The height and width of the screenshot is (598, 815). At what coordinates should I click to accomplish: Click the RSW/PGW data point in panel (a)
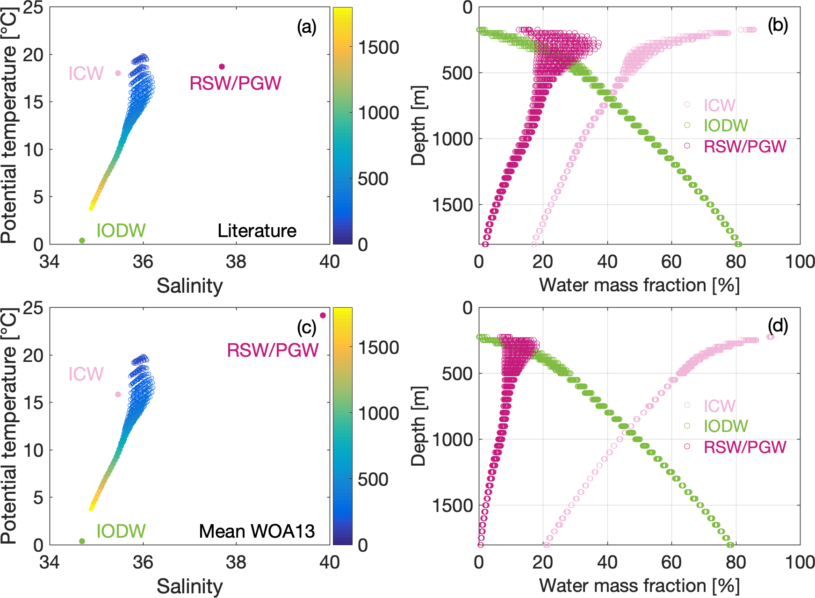pos(222,66)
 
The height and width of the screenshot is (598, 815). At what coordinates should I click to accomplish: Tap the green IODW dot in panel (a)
pos(82,240)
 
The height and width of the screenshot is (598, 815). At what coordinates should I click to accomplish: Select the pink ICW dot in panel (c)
pos(118,394)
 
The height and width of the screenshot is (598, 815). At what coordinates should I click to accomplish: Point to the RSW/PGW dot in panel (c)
pos(323,315)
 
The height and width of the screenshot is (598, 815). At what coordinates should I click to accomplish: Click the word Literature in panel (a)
pos(257,231)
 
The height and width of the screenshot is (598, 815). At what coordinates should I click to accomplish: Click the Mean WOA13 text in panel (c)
pos(257,531)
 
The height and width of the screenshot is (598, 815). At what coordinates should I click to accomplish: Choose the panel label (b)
pos(778,25)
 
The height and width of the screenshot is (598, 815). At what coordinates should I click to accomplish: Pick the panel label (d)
pos(778,325)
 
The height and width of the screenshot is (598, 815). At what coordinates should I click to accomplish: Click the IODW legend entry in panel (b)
pos(726,125)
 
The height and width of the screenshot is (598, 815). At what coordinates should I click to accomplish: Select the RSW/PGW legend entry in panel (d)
pos(745,447)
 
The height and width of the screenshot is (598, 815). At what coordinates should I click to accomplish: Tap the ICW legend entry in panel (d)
pos(719,406)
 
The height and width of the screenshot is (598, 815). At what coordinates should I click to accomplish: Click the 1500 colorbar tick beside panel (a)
pos(379,47)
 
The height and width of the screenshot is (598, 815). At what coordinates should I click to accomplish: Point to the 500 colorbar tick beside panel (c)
pos(373,479)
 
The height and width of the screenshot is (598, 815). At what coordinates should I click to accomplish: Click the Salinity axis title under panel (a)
pos(189,285)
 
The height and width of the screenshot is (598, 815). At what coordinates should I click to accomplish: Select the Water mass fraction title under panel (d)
pos(639,585)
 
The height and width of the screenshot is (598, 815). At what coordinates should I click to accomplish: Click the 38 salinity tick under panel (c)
pos(236,562)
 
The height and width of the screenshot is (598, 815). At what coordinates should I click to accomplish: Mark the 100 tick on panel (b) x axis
pos(800,262)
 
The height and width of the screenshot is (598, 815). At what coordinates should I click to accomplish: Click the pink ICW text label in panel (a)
pos(86,73)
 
